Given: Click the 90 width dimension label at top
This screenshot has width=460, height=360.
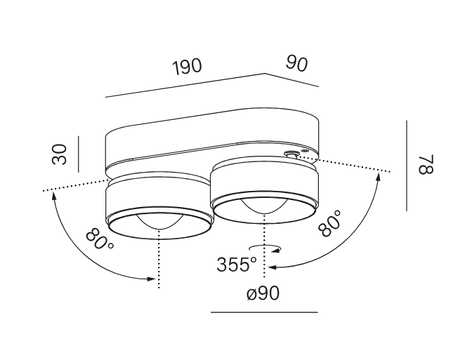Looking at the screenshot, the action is (297, 64).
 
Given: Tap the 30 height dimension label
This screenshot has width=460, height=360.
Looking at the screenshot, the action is (60, 154).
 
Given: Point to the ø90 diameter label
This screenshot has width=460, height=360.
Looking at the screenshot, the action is (263, 293).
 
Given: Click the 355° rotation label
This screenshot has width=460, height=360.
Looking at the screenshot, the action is (237, 264).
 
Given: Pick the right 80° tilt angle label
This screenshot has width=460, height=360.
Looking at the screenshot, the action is (330, 222).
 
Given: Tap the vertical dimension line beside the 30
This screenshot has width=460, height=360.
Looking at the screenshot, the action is (79, 154).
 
